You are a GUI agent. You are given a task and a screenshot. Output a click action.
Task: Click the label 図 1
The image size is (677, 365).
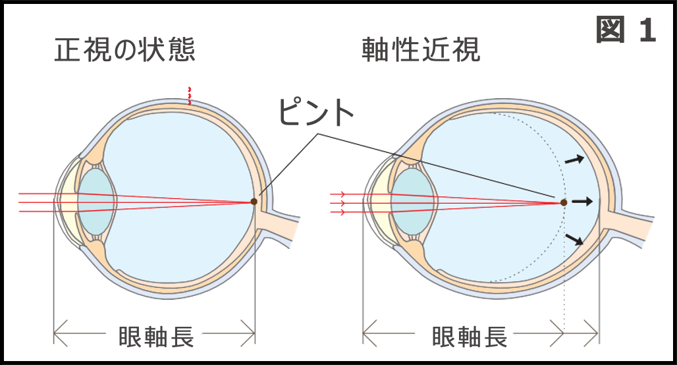coord(626,30)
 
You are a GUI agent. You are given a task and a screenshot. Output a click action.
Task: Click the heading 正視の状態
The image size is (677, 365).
coord(124,49)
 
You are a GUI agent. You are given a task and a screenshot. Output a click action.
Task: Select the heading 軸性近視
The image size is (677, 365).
coord(421,49)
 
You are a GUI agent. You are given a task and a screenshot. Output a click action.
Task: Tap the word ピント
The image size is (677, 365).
coord(316,112)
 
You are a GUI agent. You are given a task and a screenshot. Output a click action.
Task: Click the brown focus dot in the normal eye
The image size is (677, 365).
coord(254,202)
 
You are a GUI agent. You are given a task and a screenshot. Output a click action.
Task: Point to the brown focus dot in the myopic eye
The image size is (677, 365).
coord(564,202)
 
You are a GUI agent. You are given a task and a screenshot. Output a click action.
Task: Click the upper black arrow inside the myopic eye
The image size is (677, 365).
coord(575,160)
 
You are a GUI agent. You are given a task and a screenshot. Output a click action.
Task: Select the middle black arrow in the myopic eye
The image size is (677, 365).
coord(582,202)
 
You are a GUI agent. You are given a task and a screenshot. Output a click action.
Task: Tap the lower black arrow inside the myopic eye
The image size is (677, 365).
coord(575,239)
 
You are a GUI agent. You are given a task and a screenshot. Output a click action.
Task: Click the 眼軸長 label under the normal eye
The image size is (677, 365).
coord(156,336)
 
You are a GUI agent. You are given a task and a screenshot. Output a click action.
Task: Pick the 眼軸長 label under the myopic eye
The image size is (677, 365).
coord(470,336)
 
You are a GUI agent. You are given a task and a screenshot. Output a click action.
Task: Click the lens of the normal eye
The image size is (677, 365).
coord(96,202)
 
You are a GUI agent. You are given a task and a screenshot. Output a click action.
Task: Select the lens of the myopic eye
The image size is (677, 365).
coord(414,202)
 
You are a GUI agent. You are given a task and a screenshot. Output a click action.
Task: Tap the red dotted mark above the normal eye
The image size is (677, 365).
coord(189,96)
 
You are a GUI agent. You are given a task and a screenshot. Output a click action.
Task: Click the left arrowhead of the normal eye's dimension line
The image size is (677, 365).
coord(61,333)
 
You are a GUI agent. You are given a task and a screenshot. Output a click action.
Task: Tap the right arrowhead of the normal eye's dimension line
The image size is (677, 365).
coord(248,333)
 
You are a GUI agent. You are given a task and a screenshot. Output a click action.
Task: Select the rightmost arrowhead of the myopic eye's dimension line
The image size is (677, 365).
coord(591,333)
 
